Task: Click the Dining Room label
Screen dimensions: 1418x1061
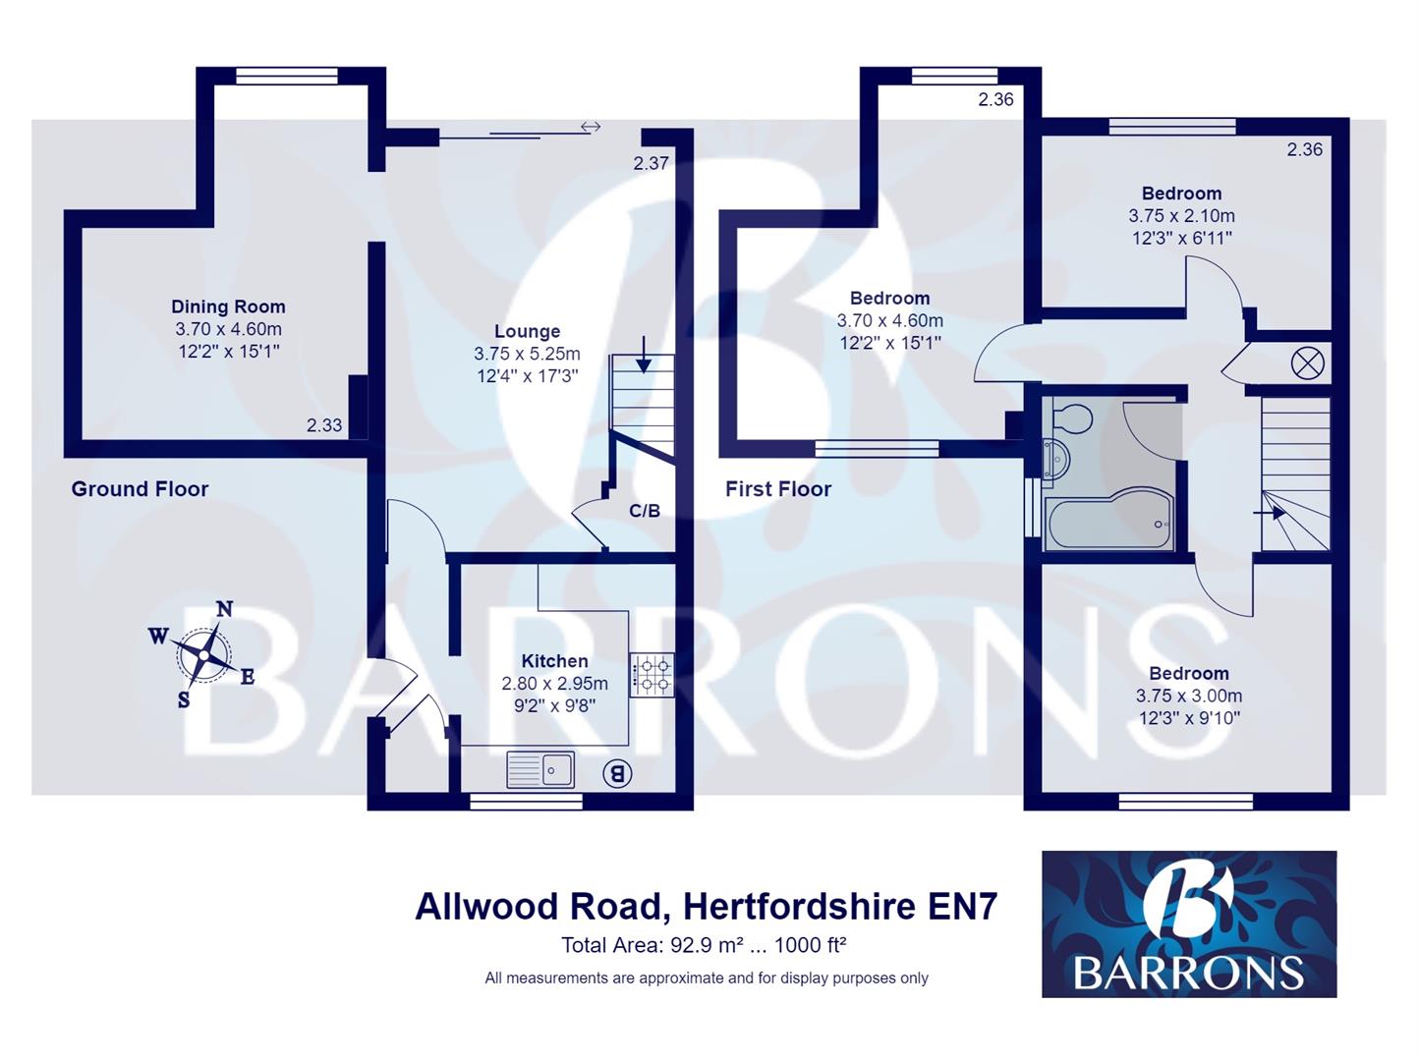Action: (x=228, y=307)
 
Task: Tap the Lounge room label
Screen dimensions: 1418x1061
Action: (x=527, y=332)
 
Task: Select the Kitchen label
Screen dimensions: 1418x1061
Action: (x=554, y=661)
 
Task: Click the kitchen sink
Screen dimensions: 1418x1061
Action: (x=540, y=769)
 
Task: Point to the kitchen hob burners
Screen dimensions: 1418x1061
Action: (x=652, y=675)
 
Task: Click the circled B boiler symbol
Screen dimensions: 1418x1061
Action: (x=617, y=773)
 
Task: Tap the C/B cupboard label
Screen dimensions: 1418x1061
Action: (x=645, y=511)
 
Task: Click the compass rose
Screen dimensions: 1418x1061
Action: (x=202, y=654)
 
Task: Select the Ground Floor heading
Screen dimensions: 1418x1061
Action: (x=140, y=489)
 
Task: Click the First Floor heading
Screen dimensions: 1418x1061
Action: (x=778, y=489)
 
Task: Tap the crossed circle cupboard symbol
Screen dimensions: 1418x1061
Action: (x=1307, y=363)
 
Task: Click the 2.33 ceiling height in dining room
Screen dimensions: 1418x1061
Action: (x=324, y=425)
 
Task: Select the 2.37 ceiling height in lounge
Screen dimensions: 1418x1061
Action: (x=651, y=164)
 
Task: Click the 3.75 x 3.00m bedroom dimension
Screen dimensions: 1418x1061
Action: (x=1189, y=696)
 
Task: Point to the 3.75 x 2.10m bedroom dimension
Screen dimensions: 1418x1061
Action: (x=1181, y=216)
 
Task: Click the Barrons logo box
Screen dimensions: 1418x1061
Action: (x=1189, y=923)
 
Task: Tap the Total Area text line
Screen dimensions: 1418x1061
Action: (x=704, y=946)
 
